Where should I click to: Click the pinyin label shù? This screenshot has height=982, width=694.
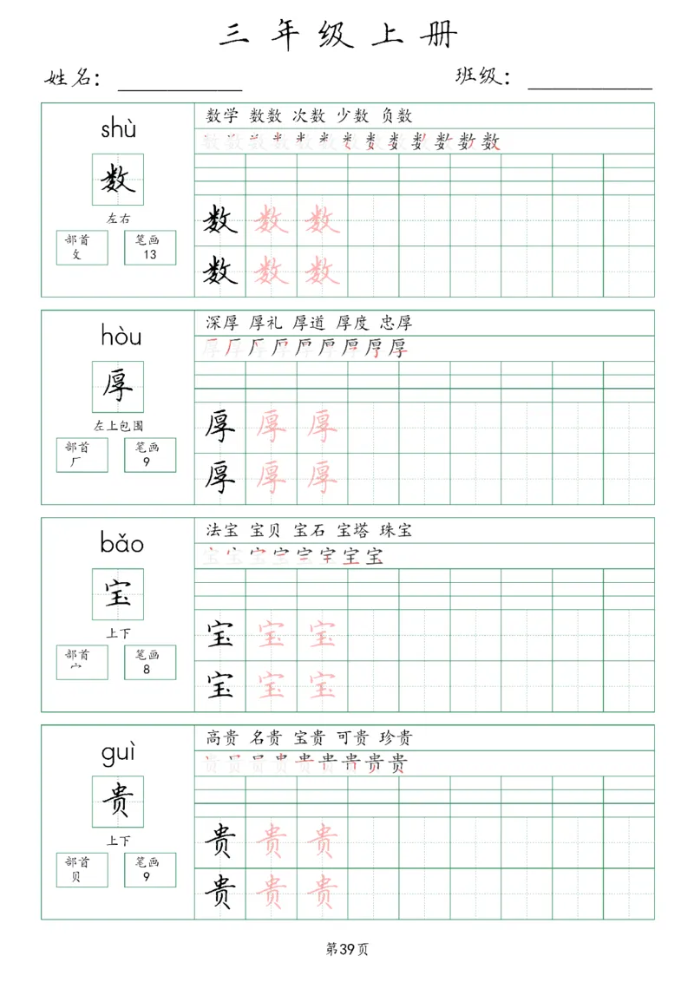pos(118,130)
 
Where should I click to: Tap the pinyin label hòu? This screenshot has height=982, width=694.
pos(121,335)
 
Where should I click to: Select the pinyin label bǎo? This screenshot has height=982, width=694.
pos(121,544)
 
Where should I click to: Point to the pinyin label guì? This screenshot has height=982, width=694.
pos(119,753)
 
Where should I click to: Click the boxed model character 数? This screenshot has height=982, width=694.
pos(118,180)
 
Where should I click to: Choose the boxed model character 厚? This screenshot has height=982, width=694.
pos(118,387)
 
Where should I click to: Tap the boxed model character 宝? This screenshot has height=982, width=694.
pos(118,594)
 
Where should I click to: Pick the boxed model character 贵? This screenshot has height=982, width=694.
pos(118,802)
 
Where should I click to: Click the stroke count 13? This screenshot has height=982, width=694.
pos(150,254)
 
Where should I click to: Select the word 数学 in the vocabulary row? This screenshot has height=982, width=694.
pos(222,115)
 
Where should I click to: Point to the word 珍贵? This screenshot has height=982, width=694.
pos(396,738)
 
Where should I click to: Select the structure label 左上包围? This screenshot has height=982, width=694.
pos(118,426)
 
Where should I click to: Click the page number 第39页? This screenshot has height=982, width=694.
pos(347,949)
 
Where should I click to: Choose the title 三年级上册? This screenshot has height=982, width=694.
pos(338,35)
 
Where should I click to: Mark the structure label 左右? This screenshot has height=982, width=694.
pos(118,219)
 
